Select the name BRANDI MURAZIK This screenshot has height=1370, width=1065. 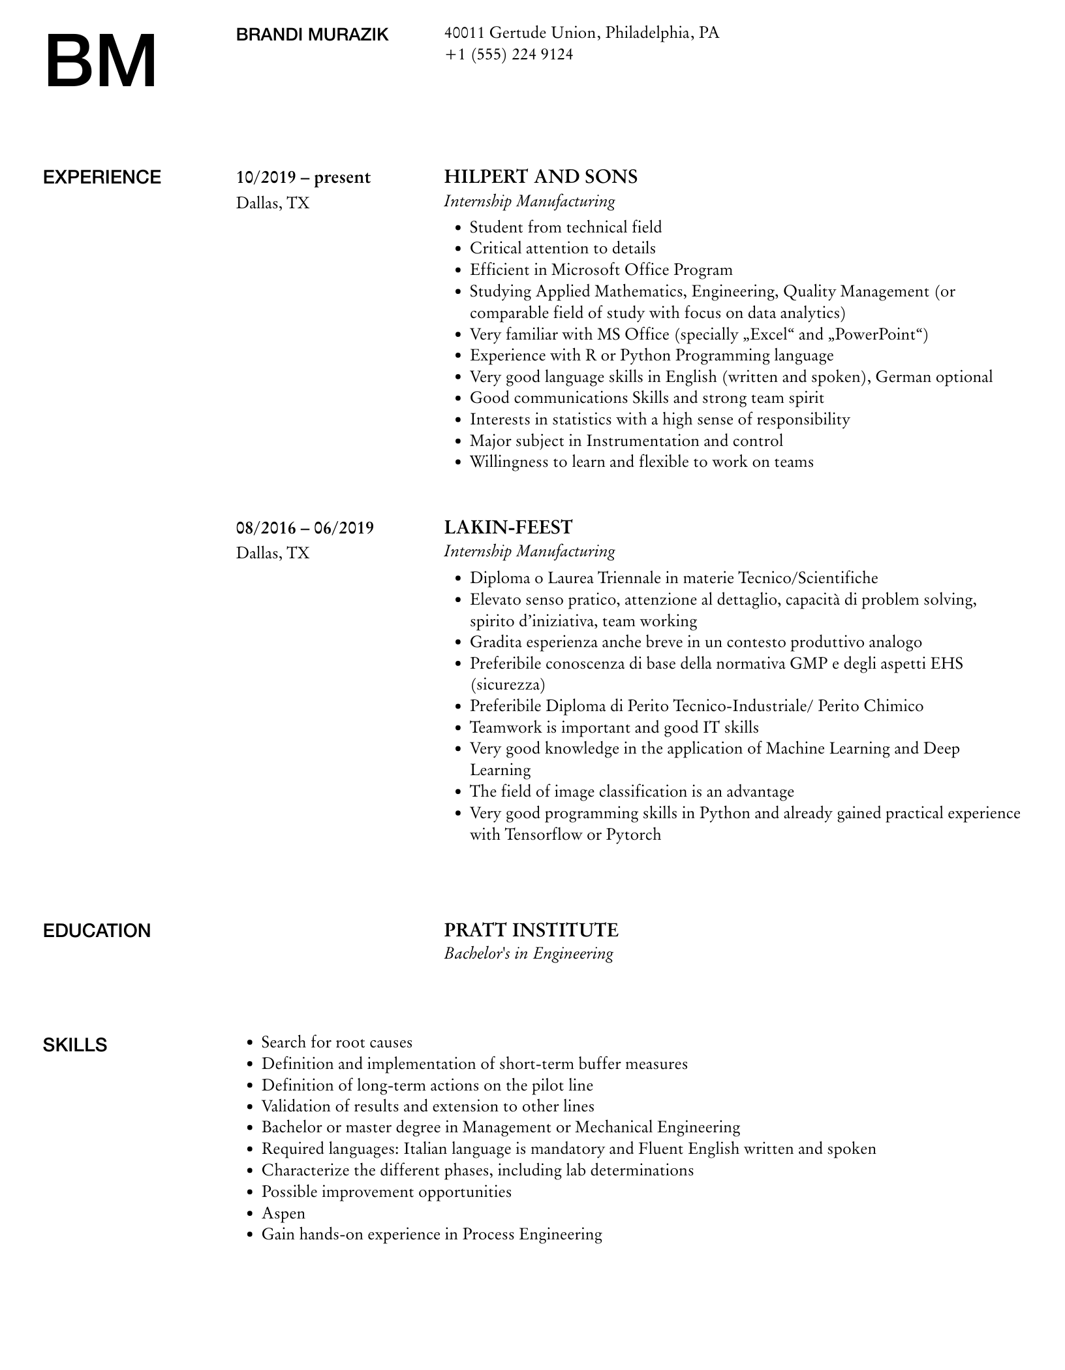click(x=312, y=35)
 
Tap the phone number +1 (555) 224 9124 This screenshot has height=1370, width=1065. click(x=508, y=54)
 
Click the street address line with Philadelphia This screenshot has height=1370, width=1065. click(x=581, y=33)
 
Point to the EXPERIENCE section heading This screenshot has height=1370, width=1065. click(x=102, y=177)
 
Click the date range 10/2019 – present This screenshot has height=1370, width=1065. click(x=303, y=178)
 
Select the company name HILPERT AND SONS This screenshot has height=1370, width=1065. click(x=540, y=176)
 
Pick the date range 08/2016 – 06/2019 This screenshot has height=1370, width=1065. click(x=305, y=528)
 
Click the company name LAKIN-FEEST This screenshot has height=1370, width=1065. click(x=508, y=527)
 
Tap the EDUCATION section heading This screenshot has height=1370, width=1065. click(x=97, y=931)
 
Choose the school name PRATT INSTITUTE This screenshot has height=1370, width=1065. click(x=531, y=930)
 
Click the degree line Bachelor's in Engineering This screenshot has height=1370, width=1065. click(x=529, y=953)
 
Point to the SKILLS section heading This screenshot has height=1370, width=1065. click(x=75, y=1045)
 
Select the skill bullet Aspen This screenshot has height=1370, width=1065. click(x=283, y=1213)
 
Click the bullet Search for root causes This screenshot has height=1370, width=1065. click(x=337, y=1042)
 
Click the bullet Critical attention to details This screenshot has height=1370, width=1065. click(x=563, y=248)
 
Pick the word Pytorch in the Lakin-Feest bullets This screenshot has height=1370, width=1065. click(x=633, y=835)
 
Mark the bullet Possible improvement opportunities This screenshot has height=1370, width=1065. click(x=386, y=1192)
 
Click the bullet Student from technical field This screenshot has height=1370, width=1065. click(x=565, y=227)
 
